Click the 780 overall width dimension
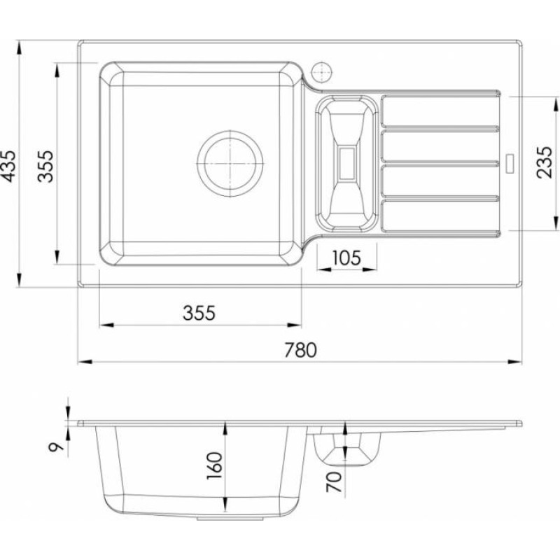(300, 350)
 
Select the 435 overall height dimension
(9, 167)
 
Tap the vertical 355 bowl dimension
(45, 167)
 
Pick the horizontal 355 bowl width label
(199, 313)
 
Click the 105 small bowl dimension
(346, 258)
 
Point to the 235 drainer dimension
(544, 162)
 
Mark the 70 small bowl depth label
(334, 482)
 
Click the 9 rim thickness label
(56, 447)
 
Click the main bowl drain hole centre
(230, 163)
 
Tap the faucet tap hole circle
(322, 73)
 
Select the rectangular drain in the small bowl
(346, 164)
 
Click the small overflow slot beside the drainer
(510, 163)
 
